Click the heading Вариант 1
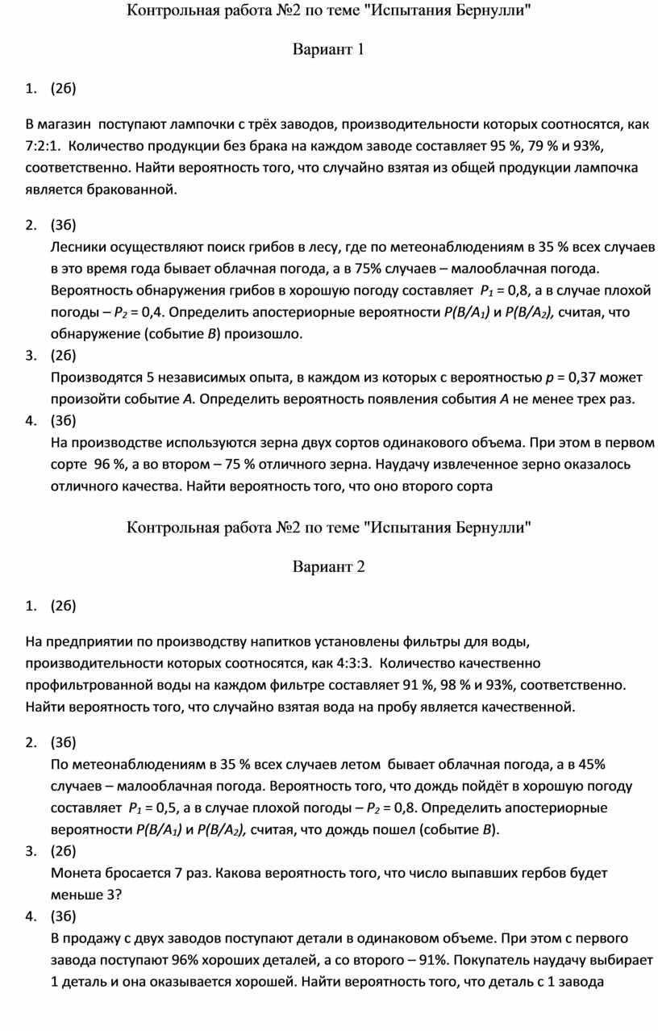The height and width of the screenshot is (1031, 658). [328, 50]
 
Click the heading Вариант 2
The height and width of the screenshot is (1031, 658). [328, 566]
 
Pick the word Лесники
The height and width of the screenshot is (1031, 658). [77, 246]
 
